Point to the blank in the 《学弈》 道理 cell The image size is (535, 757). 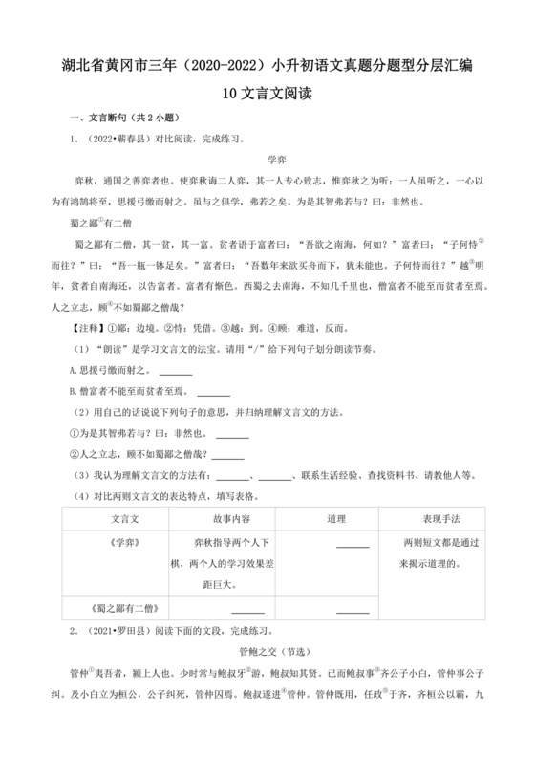click(x=353, y=545)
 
